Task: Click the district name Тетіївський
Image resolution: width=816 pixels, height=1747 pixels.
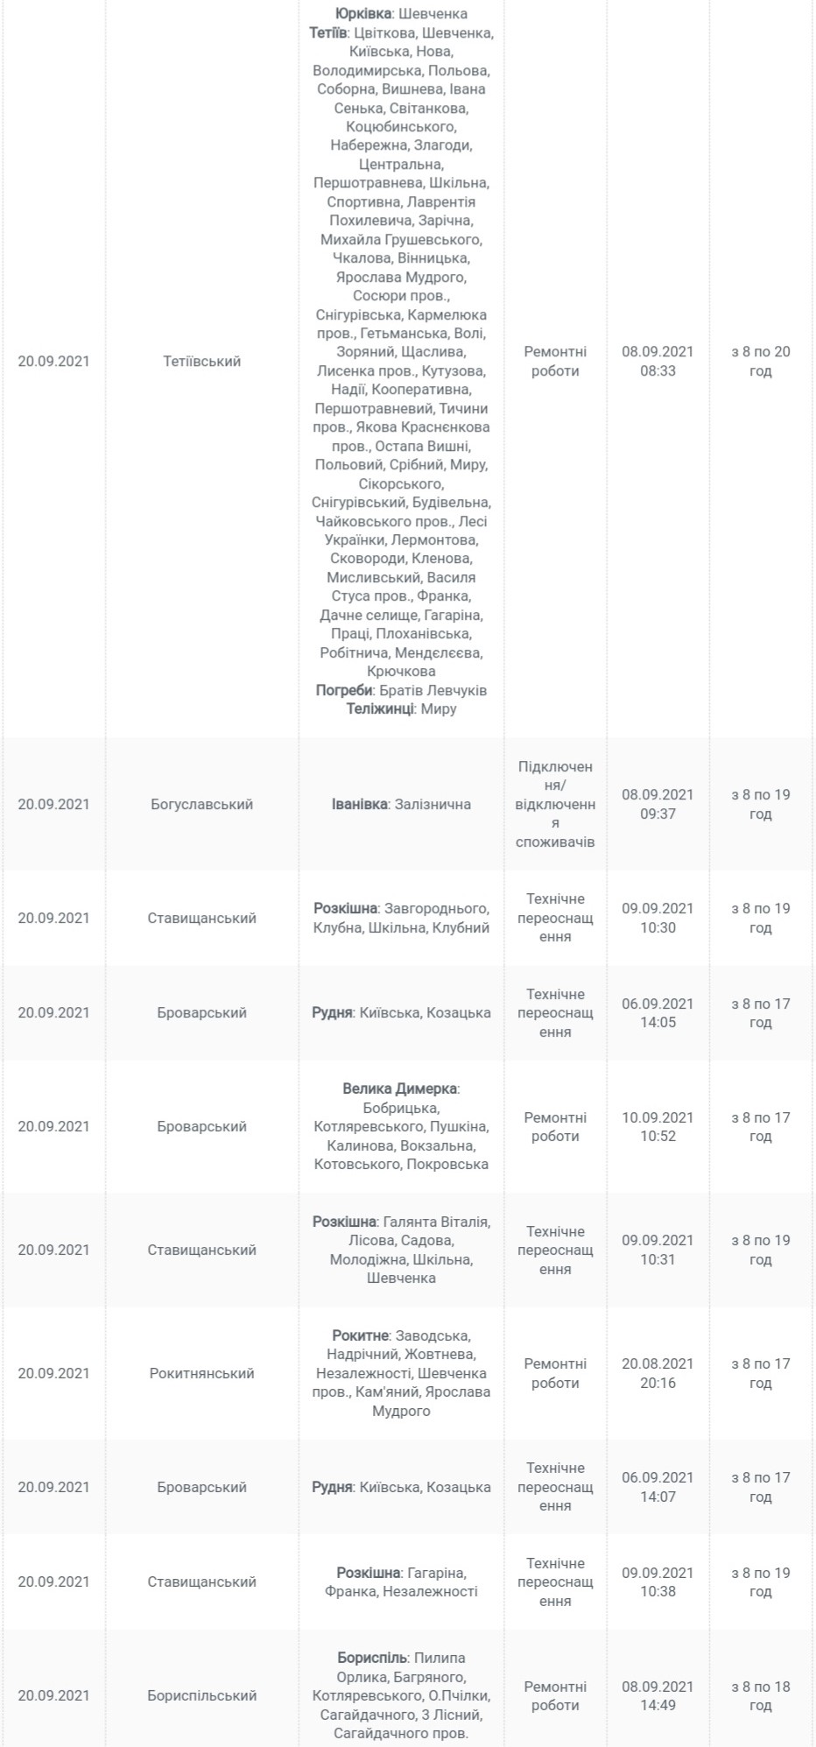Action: [x=201, y=361]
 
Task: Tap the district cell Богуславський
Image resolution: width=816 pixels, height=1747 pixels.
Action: [x=201, y=804]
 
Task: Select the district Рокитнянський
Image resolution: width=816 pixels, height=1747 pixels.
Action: [x=201, y=1373]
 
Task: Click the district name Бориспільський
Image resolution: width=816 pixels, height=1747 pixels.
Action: [x=201, y=1695]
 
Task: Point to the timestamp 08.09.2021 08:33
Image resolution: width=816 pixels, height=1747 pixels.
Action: [x=658, y=361]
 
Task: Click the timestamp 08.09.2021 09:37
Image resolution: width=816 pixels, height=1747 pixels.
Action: [x=658, y=804]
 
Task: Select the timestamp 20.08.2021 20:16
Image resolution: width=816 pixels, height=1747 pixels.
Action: [x=658, y=1373]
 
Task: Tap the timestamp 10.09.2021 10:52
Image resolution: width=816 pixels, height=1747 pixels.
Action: [x=658, y=1126]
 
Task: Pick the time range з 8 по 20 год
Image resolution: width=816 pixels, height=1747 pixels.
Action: [x=760, y=361]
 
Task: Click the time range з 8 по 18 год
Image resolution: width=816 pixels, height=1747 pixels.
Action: [x=760, y=1695]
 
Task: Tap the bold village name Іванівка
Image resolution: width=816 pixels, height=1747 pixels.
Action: [x=359, y=804]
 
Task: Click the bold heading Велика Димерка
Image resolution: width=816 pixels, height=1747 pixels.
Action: [x=399, y=1088]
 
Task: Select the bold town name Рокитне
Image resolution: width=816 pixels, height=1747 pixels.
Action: [x=360, y=1335]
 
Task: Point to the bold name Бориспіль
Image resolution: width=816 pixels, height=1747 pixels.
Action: [x=372, y=1658]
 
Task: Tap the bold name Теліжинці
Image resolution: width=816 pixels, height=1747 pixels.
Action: [x=379, y=708]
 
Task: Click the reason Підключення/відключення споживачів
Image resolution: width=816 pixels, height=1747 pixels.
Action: [x=555, y=804]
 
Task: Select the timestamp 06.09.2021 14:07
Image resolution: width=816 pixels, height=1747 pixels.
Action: [x=658, y=1487]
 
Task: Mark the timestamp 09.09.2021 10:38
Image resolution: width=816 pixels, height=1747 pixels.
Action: [x=658, y=1581]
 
